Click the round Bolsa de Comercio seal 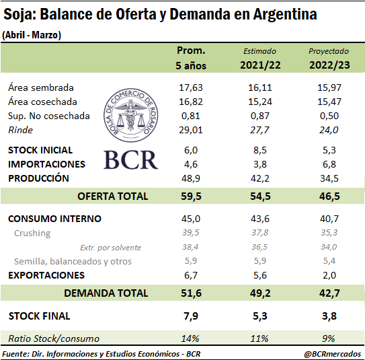[130, 115]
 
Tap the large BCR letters [130, 160]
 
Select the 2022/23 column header [329, 65]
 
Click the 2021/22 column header [260, 65]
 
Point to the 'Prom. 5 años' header [191, 58]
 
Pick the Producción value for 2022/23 [329, 178]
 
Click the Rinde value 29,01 [191, 130]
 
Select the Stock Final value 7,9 [191, 316]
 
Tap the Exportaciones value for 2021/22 [260, 275]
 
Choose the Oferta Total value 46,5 [329, 196]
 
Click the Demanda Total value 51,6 [191, 293]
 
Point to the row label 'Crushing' [32, 233]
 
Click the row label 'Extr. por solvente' [110, 248]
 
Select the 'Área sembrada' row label [41, 87]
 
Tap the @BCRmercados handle [333, 354]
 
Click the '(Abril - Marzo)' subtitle [32, 35]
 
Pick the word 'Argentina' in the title [285, 14]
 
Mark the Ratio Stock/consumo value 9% [329, 338]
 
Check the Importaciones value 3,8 [260, 164]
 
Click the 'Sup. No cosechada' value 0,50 [329, 116]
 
